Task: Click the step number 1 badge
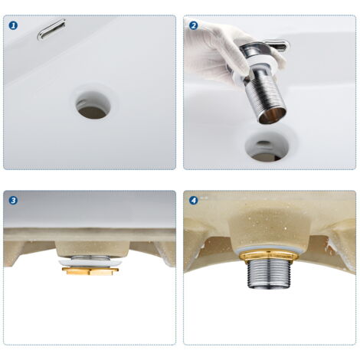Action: click(13, 25)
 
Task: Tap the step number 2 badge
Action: click(193, 25)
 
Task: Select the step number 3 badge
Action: click(13, 200)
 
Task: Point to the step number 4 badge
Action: click(193, 200)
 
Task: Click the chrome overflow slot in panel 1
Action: click(51, 30)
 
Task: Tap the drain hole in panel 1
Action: click(93, 106)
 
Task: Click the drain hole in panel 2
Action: click(267, 147)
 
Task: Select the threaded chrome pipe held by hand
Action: click(267, 96)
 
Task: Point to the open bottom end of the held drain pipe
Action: click(273, 116)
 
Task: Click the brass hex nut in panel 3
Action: click(90, 270)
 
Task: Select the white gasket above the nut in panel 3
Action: click(90, 263)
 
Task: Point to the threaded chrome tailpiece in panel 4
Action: click(269, 274)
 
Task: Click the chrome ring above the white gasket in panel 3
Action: click(90, 258)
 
